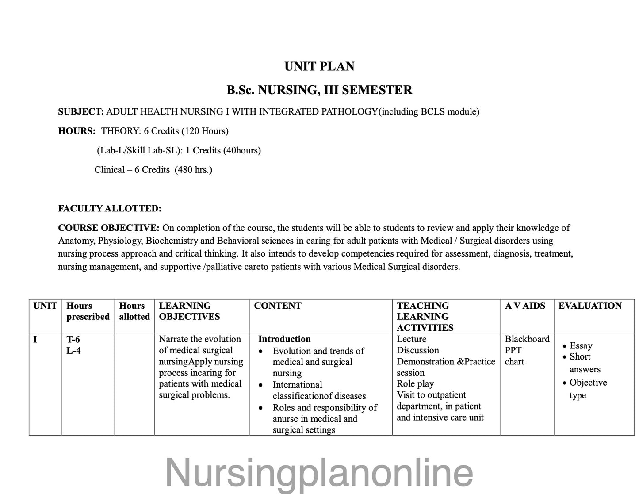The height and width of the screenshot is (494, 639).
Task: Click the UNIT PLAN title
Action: (x=319, y=66)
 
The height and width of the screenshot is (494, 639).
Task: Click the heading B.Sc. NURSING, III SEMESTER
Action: (x=319, y=90)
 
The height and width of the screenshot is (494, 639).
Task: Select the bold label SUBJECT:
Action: (x=81, y=111)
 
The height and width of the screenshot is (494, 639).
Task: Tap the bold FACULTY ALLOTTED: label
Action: (x=110, y=208)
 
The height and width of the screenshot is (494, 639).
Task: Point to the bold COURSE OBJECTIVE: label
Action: (x=109, y=228)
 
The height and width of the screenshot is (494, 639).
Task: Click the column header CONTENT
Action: (x=278, y=306)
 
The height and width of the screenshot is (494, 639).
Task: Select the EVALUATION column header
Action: (x=590, y=306)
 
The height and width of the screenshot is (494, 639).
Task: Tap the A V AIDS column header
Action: (x=525, y=306)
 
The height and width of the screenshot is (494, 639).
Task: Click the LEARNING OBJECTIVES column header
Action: (x=189, y=311)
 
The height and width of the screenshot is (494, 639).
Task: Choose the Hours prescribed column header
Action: (x=88, y=311)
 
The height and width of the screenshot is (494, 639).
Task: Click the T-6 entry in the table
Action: (x=73, y=339)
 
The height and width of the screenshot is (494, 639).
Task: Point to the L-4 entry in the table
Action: (x=73, y=351)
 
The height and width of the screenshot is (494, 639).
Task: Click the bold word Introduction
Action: (x=284, y=339)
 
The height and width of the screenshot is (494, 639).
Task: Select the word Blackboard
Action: (x=527, y=339)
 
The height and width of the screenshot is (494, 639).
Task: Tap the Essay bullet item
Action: (x=581, y=346)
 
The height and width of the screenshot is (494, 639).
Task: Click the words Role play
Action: (x=415, y=384)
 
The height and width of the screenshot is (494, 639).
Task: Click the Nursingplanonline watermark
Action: (x=319, y=473)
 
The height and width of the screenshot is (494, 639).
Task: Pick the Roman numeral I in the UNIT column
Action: (x=35, y=339)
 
